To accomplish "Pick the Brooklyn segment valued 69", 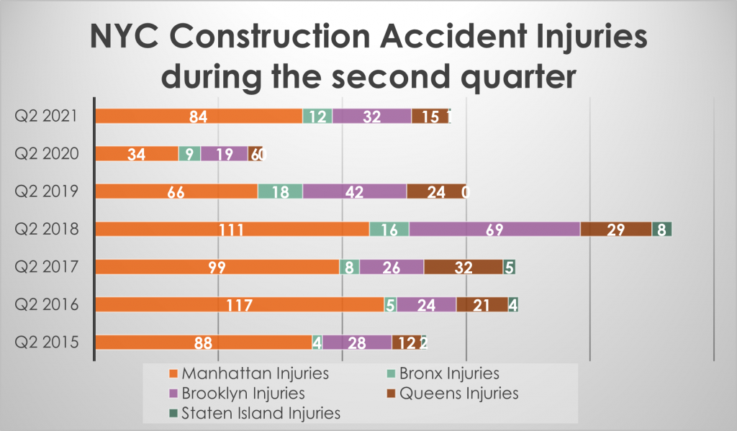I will point(494,229).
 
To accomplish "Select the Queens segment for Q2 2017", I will point(463,267).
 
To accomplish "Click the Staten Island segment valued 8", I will point(661,229).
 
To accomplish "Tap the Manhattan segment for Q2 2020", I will point(137,153).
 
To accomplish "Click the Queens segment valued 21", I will point(481,305).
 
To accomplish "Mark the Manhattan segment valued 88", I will point(204,342).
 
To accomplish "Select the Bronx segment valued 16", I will point(389,229).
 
